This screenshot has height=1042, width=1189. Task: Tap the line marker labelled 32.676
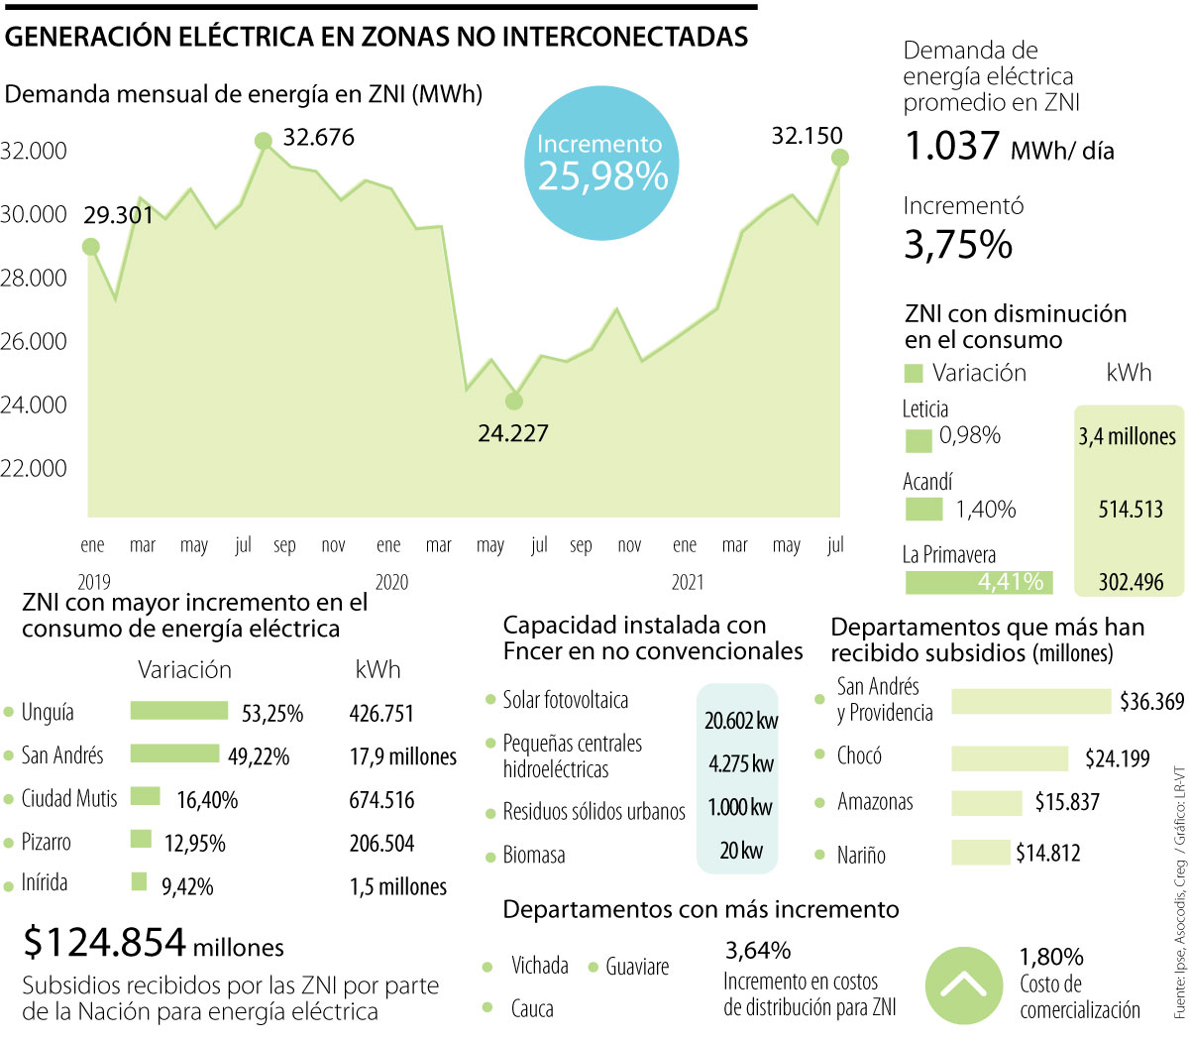[x=264, y=141]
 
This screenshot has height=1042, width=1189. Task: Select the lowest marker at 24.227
[x=513, y=402]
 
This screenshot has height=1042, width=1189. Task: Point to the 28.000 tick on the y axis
[x=34, y=278]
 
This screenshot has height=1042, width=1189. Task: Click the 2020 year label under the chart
[x=391, y=583]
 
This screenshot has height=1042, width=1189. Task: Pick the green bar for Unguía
[x=179, y=711]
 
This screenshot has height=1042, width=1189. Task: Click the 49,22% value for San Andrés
[x=259, y=756]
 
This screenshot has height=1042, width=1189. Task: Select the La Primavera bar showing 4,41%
[x=978, y=582]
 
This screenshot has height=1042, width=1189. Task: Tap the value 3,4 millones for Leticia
[x=1128, y=436]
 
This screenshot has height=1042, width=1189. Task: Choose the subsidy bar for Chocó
[x=1010, y=758]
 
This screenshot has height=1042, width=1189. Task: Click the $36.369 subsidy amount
[x=1151, y=702]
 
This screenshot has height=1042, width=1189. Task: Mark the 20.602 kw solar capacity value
[x=741, y=721]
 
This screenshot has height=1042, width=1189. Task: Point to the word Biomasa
[x=534, y=855]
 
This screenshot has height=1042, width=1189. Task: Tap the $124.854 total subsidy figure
[x=105, y=943]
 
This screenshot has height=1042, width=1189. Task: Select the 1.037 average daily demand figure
[x=952, y=147]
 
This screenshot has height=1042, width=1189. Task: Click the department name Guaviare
[x=637, y=967]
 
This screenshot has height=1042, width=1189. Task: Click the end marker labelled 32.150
[x=840, y=158]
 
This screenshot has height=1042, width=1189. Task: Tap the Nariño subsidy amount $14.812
[x=1047, y=853]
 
